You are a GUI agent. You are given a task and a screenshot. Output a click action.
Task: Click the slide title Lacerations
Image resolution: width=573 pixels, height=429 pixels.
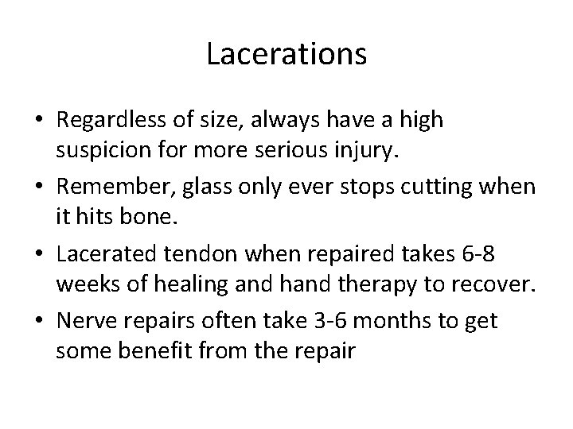286,55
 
